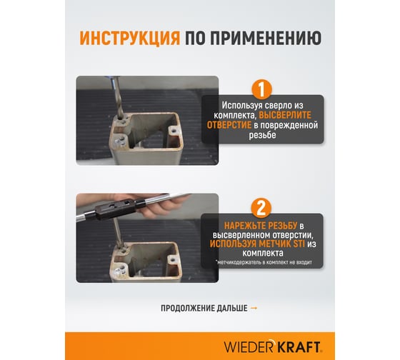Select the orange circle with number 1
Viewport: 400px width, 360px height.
[261, 90]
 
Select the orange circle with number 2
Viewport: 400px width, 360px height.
[261, 208]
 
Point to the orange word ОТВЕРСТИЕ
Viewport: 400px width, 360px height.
[234, 126]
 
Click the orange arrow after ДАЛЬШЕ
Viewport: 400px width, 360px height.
[254, 308]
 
